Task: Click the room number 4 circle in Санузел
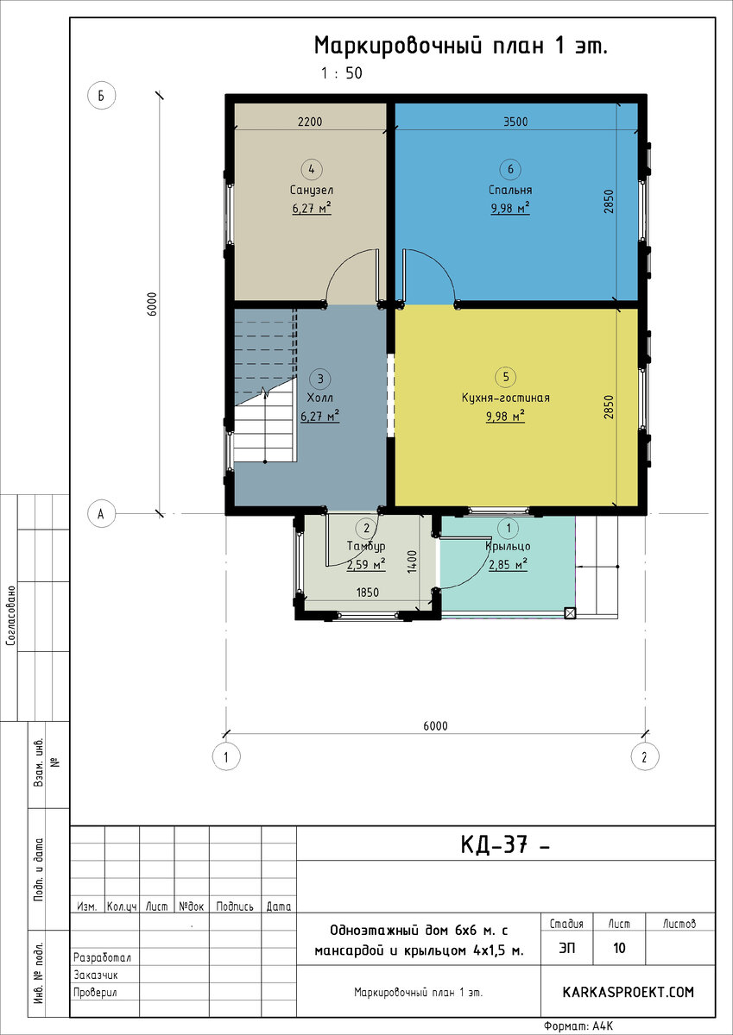click(x=311, y=169)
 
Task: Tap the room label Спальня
click(x=510, y=190)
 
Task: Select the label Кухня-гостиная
click(x=505, y=398)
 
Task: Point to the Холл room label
click(x=319, y=398)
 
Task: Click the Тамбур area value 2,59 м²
click(x=366, y=565)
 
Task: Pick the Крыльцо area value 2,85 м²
click(x=508, y=565)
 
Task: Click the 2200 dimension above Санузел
click(x=309, y=122)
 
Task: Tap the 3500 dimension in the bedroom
click(x=515, y=122)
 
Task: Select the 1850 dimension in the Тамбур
click(x=368, y=593)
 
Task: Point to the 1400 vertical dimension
click(x=412, y=561)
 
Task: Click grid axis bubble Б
click(x=101, y=96)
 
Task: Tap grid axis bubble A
click(x=101, y=513)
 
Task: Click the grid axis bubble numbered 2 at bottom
click(x=645, y=757)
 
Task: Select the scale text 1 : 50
click(x=342, y=73)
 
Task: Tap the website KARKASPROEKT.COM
click(x=628, y=992)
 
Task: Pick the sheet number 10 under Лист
click(x=619, y=948)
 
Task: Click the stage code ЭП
click(x=567, y=948)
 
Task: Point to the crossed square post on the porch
click(x=570, y=613)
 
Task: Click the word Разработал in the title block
click(x=102, y=957)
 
